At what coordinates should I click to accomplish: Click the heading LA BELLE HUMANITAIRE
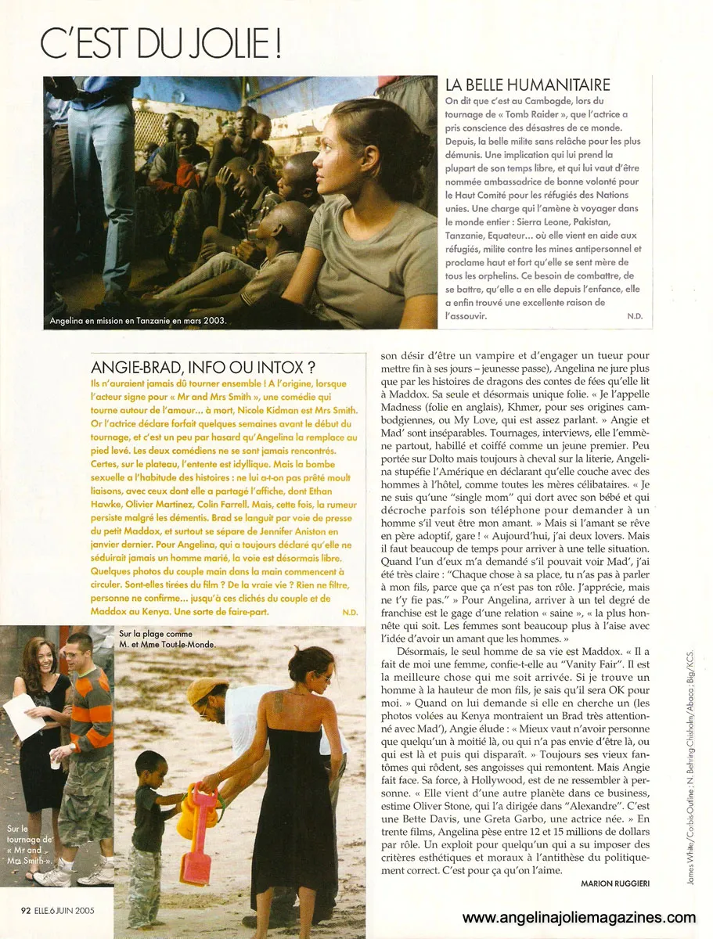[x=528, y=85]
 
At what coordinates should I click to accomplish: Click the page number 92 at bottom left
[x=25, y=910]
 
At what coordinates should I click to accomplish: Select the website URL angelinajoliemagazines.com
[x=578, y=918]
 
